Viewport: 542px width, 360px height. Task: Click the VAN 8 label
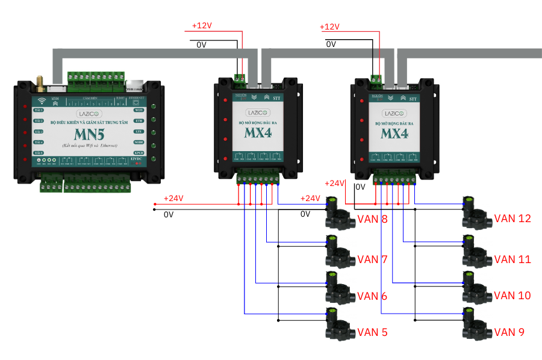[x=372, y=219]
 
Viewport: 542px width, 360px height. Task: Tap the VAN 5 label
[x=372, y=332]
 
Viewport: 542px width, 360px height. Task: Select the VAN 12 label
[x=512, y=218]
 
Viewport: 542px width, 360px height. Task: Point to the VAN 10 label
[x=512, y=296]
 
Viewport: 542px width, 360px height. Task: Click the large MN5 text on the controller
[x=90, y=134]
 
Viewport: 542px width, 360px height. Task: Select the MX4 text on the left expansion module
[x=258, y=134]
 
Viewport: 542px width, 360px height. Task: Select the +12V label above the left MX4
[x=202, y=26]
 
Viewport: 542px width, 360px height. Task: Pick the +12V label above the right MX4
[x=329, y=27]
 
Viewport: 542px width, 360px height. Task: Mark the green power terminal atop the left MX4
[x=240, y=78]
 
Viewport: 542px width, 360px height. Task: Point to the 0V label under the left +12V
[x=202, y=45]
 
